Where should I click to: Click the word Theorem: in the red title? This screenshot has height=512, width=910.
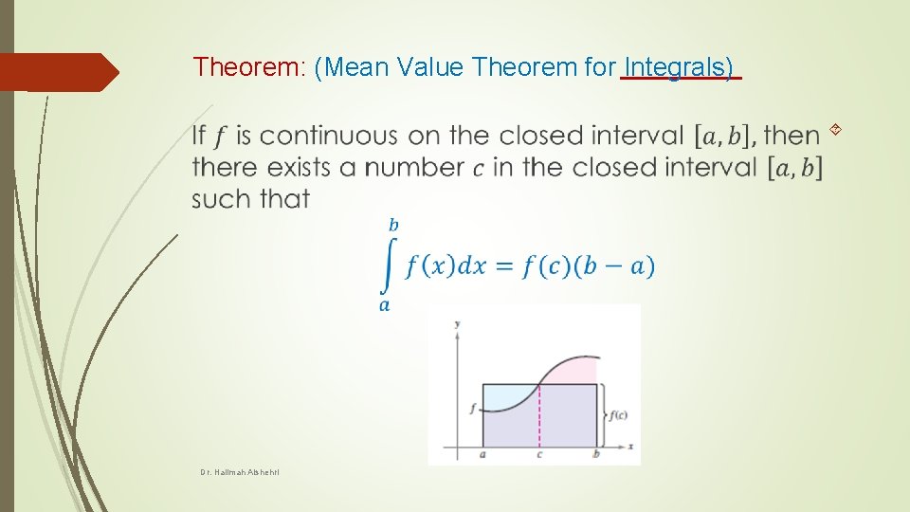pyautogui.click(x=248, y=66)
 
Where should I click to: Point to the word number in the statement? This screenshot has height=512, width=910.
pyautogui.click(x=414, y=168)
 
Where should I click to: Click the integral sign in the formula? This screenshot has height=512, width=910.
pyautogui.click(x=387, y=266)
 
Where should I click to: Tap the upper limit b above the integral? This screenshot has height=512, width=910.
pyautogui.click(x=393, y=226)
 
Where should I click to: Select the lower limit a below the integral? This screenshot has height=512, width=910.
pyautogui.click(x=384, y=305)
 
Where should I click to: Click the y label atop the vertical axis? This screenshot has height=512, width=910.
pyautogui.click(x=458, y=324)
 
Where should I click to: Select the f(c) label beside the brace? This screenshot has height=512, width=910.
pyautogui.click(x=618, y=414)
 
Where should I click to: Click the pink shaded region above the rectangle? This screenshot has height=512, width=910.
pyautogui.click(x=576, y=371)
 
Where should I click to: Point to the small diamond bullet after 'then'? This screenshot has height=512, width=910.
pyautogui.click(x=834, y=127)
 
